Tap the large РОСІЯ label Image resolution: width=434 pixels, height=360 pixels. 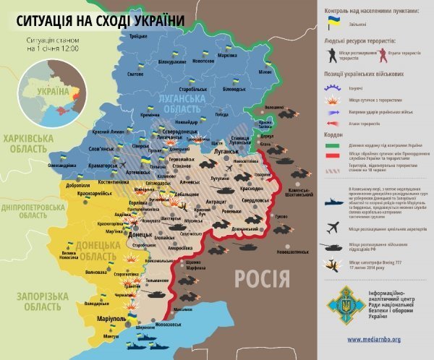click(261, 277)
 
